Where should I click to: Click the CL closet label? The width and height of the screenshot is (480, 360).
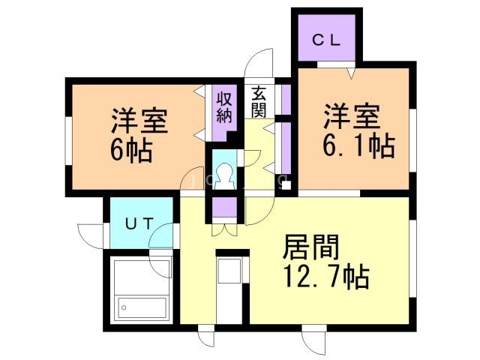tap(327, 41)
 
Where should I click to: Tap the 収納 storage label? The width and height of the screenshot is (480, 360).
tap(224, 106)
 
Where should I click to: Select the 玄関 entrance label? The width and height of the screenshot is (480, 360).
tap(259, 103)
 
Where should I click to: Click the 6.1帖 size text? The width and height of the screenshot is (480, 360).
tap(356, 145)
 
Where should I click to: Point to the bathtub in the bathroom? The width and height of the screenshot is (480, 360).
tap(142, 307)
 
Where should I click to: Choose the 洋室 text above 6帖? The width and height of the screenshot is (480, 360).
tap(139, 121)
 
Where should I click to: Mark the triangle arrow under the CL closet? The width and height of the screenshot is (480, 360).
tap(350, 73)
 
